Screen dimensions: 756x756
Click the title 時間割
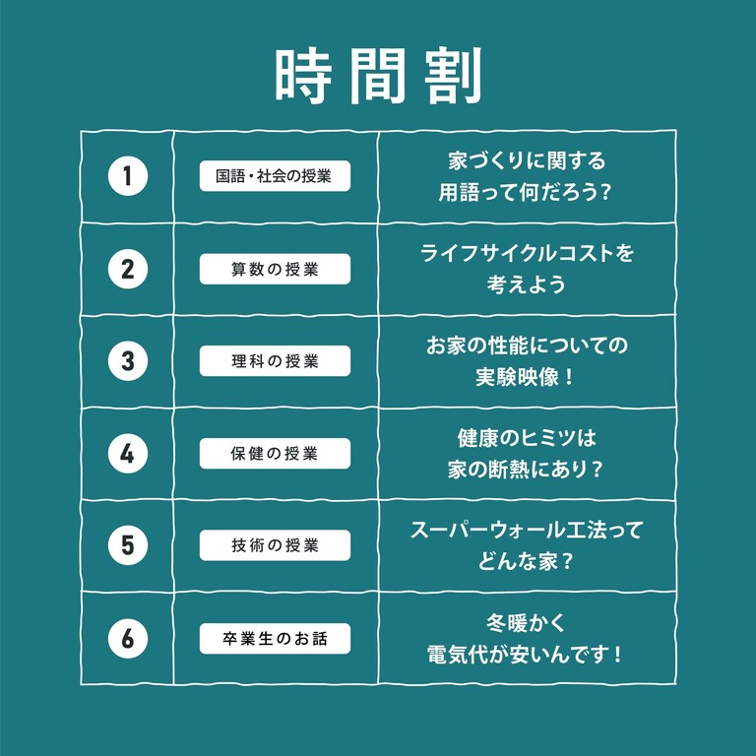378,76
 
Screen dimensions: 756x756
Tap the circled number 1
128,176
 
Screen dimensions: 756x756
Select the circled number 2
128,269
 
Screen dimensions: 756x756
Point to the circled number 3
128,361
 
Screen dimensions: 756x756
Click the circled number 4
128,454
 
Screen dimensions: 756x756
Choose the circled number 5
128,545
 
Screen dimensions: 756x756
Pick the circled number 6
128,638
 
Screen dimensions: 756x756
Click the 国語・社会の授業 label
275,176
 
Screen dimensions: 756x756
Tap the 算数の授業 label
275,269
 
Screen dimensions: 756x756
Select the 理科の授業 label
275,361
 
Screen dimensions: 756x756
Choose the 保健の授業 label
275,454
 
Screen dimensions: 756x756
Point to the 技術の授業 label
275,545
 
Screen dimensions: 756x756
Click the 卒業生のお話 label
275,639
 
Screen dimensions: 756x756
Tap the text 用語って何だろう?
525,192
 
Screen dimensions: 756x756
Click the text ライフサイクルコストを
527,253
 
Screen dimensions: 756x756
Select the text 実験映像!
525,377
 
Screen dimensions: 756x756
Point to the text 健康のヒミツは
527,438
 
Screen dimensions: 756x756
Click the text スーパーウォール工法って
527,530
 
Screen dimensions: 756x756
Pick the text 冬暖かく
526,623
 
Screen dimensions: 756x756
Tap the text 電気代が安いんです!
525,655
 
